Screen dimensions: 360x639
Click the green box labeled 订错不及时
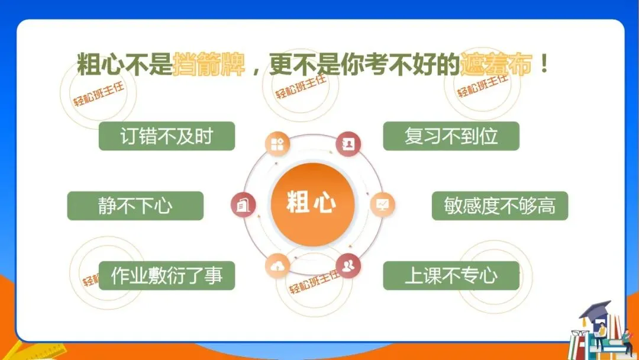pyautogui.click(x=167, y=136)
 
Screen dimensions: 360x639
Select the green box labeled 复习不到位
pyautogui.click(x=451, y=136)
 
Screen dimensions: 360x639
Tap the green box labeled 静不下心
pyautogui.click(x=135, y=206)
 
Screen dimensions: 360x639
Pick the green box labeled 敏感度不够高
pyautogui.click(x=499, y=206)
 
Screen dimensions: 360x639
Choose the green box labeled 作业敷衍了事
pyautogui.click(x=167, y=276)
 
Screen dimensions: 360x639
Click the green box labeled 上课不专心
pyautogui.click(x=451, y=276)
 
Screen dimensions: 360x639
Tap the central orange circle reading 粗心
pyautogui.click(x=311, y=203)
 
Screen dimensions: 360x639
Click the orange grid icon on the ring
pyautogui.click(x=276, y=144)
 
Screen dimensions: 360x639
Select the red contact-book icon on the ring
pyautogui.click(x=347, y=144)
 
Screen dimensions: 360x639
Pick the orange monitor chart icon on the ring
pyautogui.click(x=382, y=205)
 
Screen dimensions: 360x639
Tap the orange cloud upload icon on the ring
pyautogui.click(x=276, y=266)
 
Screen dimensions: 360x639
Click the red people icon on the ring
pyautogui.click(x=347, y=265)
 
